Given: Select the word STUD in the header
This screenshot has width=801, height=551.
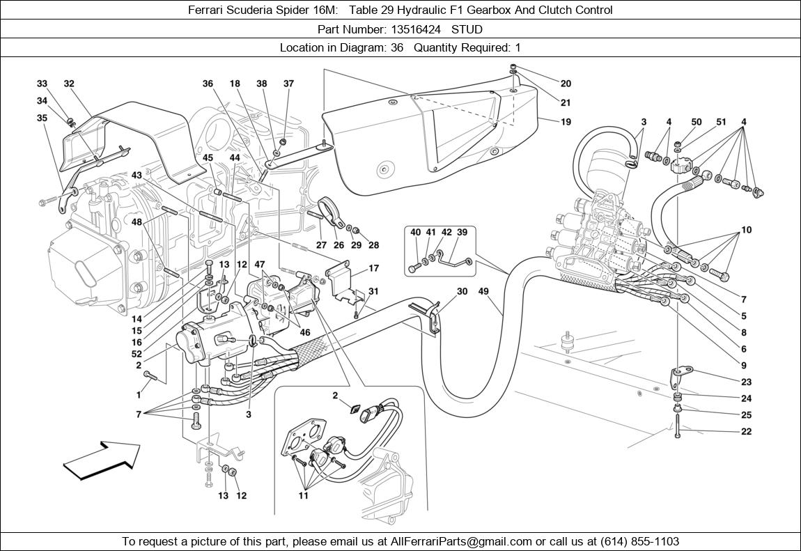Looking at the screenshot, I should tap(467, 29).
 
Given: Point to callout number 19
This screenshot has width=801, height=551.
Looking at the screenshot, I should tap(566, 121).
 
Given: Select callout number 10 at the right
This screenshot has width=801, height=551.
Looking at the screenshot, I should tap(746, 230).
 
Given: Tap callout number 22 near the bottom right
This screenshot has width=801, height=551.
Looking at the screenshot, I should tap(746, 432).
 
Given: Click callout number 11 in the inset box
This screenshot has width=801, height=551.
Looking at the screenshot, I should tap(303, 496).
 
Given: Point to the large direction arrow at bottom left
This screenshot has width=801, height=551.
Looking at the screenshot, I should tap(101, 460).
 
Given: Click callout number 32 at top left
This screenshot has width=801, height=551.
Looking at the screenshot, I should tap(69, 84).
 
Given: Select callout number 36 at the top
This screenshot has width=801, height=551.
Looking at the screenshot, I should tap(208, 84).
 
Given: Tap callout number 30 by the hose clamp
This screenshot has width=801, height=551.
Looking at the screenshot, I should tap(462, 293).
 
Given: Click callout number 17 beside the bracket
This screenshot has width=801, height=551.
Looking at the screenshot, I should tap(373, 268).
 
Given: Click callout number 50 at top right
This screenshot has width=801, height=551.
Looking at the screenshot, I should tap(696, 122).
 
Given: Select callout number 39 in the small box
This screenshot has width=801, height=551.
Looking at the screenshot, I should tap(461, 232).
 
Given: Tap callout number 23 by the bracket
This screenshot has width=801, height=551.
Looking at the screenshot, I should tap(746, 382).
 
